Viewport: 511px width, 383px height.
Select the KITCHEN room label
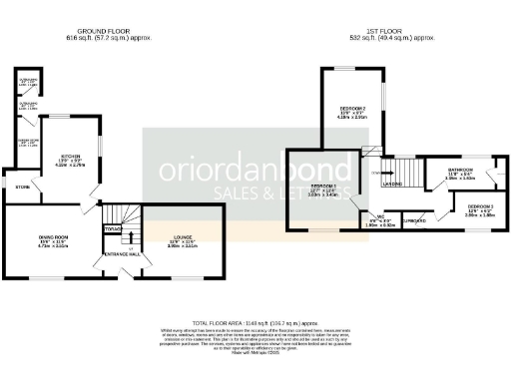69,158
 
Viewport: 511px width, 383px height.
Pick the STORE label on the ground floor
22,187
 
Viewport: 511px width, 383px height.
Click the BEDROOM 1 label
321,187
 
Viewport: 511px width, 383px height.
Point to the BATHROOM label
460,170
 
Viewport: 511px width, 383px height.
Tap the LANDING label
392,185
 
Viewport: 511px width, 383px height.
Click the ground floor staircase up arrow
112,230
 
